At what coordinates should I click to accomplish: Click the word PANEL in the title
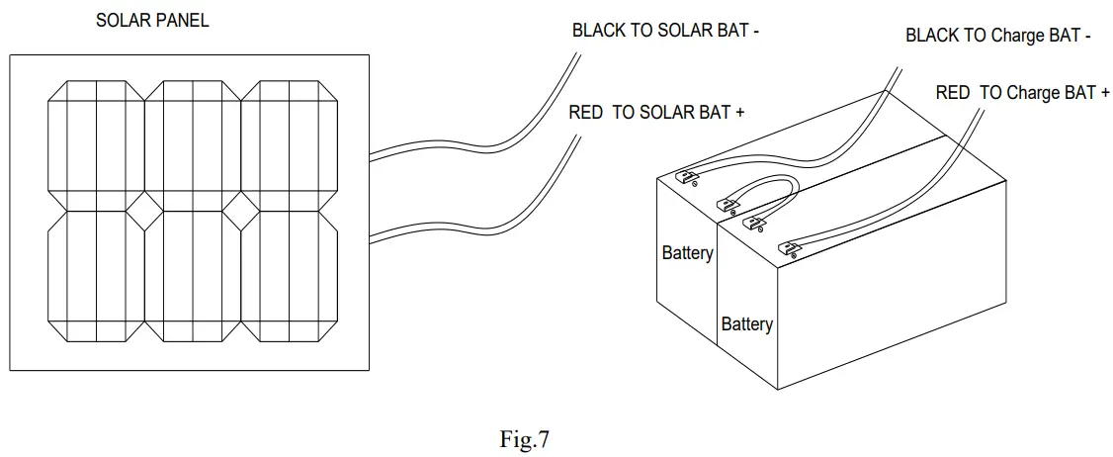click(184, 21)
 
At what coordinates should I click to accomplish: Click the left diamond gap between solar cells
click(145, 210)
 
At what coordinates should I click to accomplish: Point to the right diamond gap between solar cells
click(241, 210)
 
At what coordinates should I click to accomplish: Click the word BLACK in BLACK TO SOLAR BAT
click(598, 31)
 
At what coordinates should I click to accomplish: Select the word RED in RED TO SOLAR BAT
click(585, 113)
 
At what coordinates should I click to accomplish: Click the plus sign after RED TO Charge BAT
click(1104, 93)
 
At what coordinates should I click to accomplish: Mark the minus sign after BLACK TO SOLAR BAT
click(756, 31)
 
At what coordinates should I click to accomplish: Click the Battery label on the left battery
click(687, 253)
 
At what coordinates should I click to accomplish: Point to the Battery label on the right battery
click(746, 324)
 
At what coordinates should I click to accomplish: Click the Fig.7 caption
click(524, 440)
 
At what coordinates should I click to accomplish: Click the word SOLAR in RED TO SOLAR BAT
click(665, 113)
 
